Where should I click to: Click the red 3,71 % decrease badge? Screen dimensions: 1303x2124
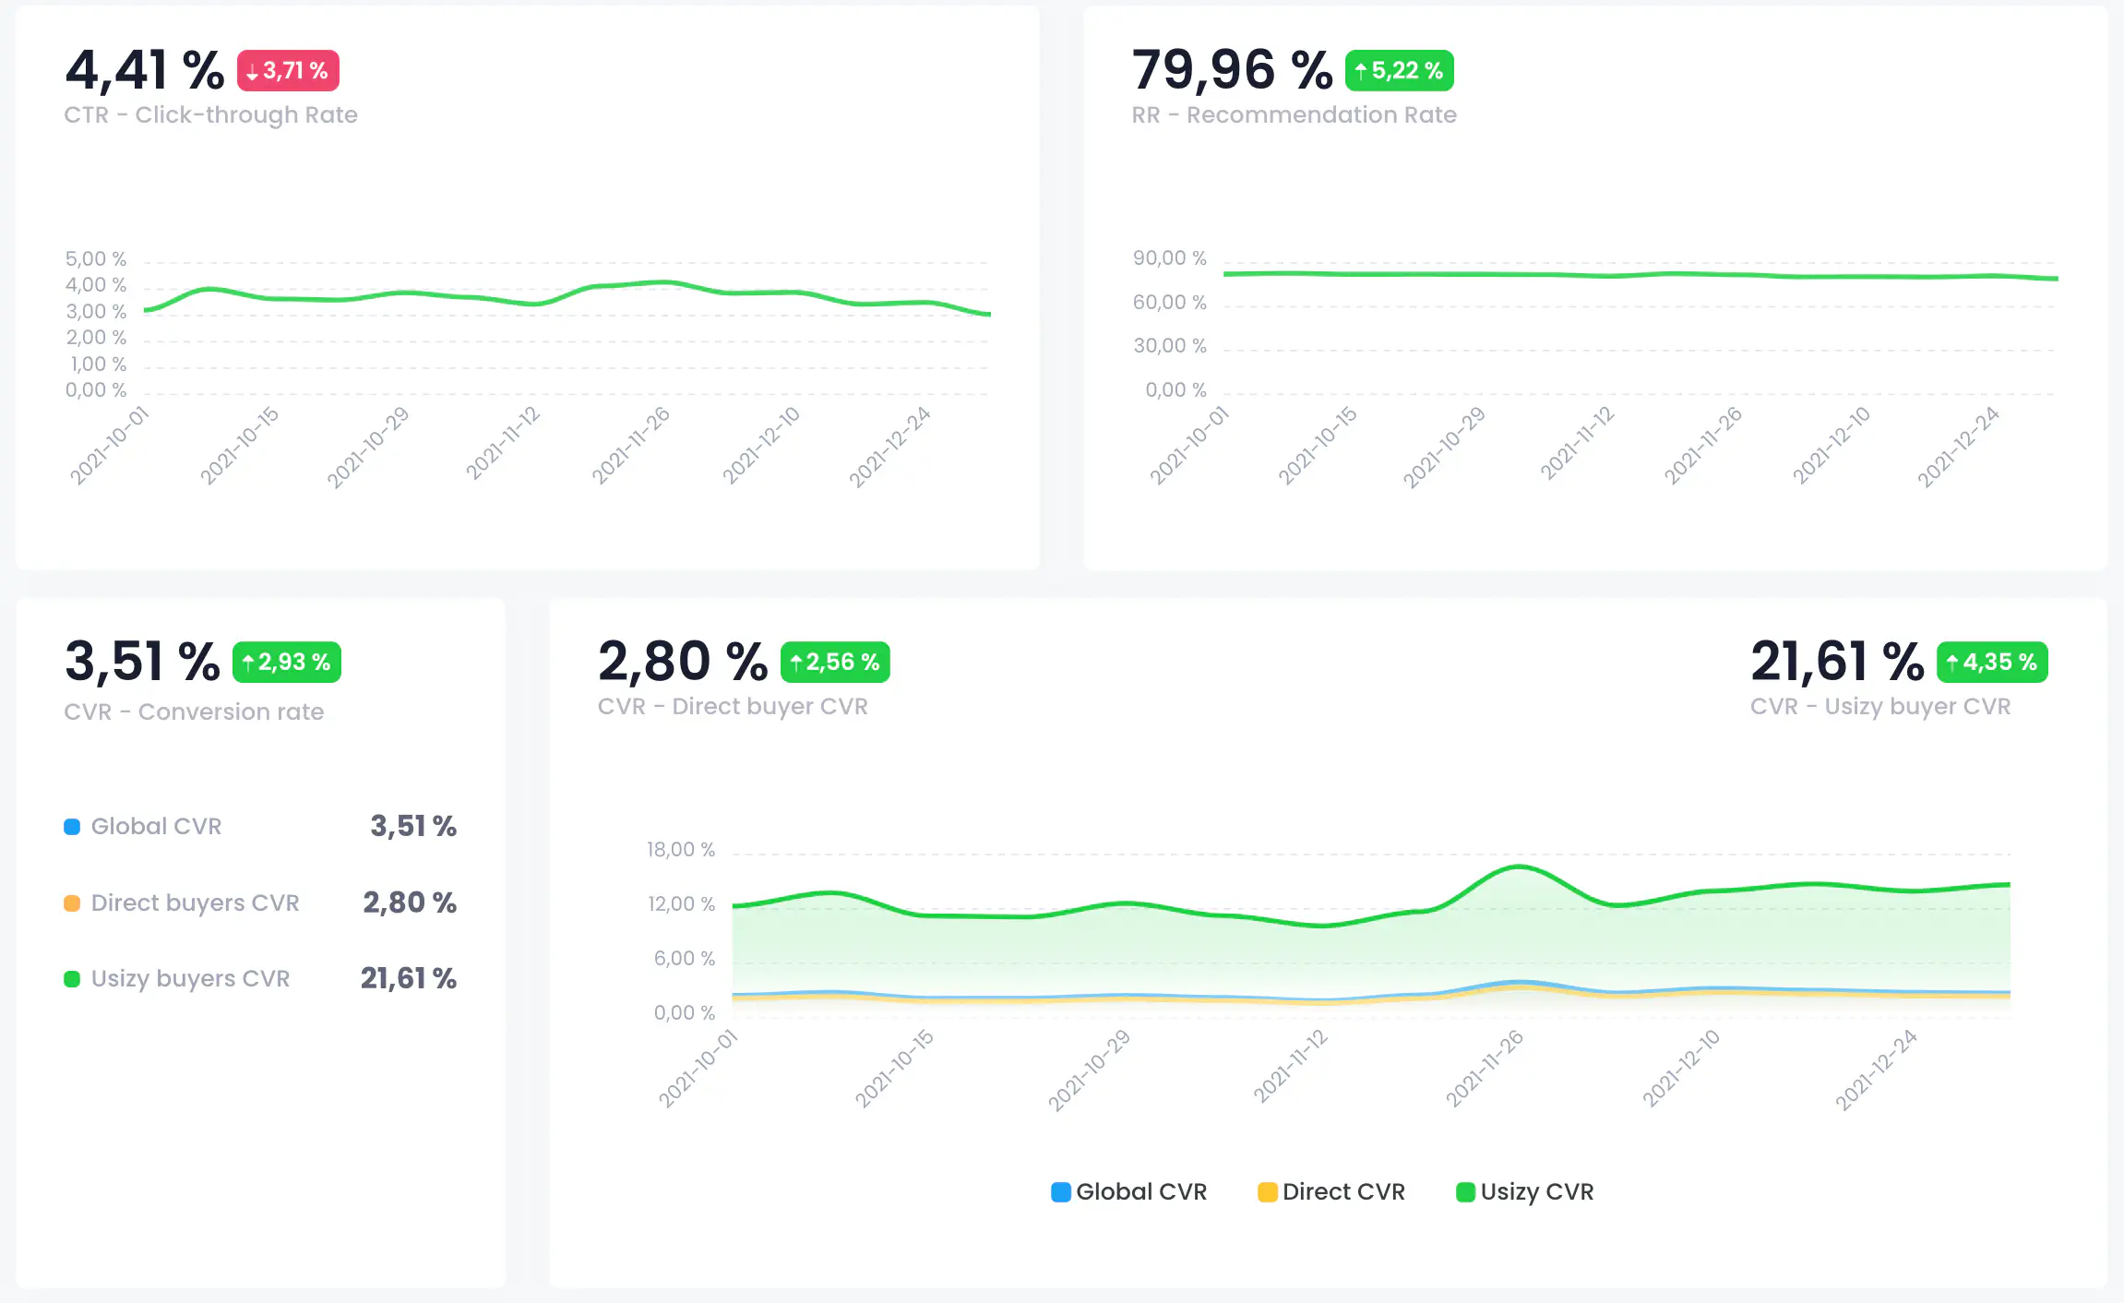coord(288,71)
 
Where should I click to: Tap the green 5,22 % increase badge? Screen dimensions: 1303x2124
coord(1399,71)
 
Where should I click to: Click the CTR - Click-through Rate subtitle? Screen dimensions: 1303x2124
coord(210,115)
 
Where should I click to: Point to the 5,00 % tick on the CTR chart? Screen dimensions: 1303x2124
coord(95,259)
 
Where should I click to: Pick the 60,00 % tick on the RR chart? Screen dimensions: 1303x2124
coord(1169,303)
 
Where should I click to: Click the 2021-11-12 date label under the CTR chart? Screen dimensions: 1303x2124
coord(504,443)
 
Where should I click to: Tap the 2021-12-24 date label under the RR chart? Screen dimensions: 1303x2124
coord(1958,447)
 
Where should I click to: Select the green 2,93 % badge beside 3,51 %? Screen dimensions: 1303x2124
coord(286,663)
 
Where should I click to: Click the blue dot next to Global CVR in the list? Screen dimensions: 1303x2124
coord(72,827)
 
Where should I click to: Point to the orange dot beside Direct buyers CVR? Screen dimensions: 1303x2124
coord(72,903)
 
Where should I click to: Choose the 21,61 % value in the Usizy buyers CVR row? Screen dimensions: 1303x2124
coord(408,978)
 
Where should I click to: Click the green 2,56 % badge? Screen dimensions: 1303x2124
coord(835,663)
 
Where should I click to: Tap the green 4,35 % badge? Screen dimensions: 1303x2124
coord(1991,663)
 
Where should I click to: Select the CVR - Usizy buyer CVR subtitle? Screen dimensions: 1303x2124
coord(1879,707)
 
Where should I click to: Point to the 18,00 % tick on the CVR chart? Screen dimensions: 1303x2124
coord(680,850)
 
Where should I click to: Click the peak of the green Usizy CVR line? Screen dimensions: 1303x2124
coord(1519,866)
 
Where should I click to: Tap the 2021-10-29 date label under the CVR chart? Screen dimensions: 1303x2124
coord(1089,1070)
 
